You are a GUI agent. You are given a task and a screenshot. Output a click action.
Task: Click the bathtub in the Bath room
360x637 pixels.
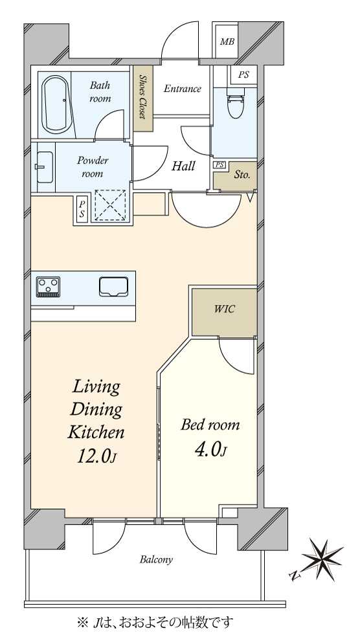56,104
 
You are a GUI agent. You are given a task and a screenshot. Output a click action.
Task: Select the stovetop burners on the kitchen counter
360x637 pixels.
48,287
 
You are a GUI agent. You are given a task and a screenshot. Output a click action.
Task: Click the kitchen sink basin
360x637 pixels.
113,286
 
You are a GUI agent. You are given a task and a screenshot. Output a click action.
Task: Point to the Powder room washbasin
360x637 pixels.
45,166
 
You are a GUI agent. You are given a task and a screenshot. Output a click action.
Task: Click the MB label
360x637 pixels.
227,41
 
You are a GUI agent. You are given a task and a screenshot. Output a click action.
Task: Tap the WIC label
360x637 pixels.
224,309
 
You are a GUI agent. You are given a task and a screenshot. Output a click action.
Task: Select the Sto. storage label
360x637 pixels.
242,175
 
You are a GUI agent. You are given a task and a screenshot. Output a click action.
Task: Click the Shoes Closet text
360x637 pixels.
142,96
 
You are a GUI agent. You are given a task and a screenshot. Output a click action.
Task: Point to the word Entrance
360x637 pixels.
183,89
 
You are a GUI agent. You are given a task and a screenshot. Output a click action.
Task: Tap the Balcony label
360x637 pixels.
157,560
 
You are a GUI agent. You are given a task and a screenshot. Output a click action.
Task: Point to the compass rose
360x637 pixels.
322,557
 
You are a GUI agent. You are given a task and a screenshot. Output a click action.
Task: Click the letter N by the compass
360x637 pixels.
293,575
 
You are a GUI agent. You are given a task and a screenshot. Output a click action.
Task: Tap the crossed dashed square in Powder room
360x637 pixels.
109,205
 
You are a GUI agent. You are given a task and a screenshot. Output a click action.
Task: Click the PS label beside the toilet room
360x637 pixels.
243,74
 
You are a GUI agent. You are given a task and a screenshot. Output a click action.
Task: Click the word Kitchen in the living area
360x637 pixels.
96,432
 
